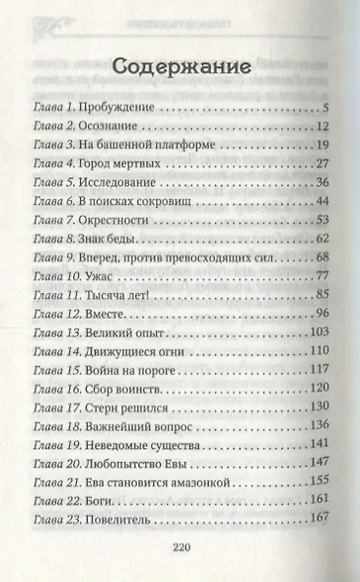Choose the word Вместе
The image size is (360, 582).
[104, 314]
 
